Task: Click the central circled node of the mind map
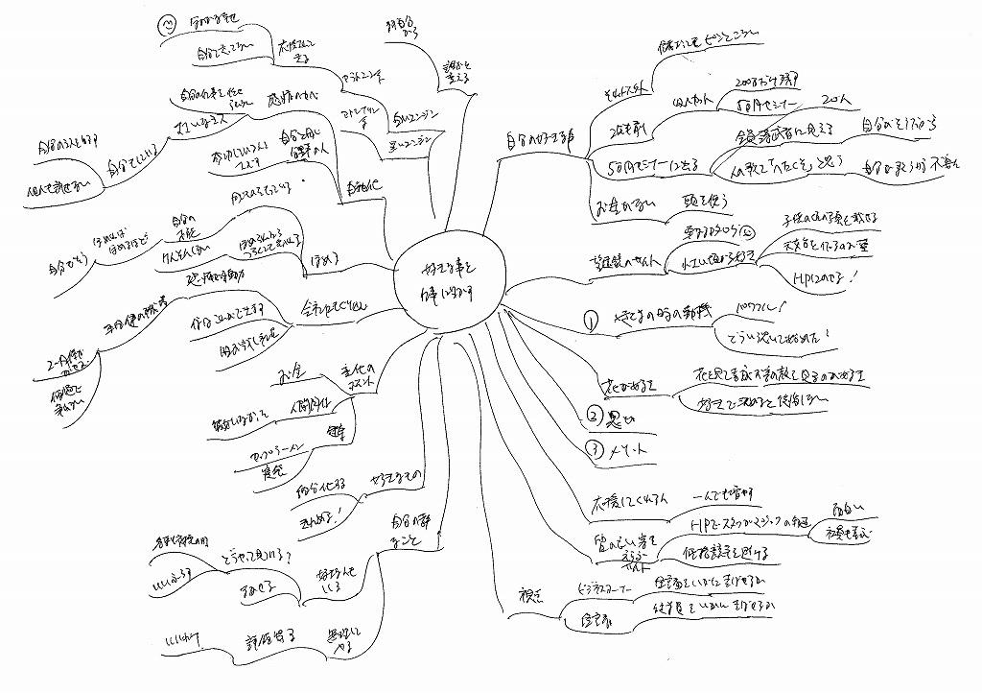447,275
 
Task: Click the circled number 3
594,448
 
